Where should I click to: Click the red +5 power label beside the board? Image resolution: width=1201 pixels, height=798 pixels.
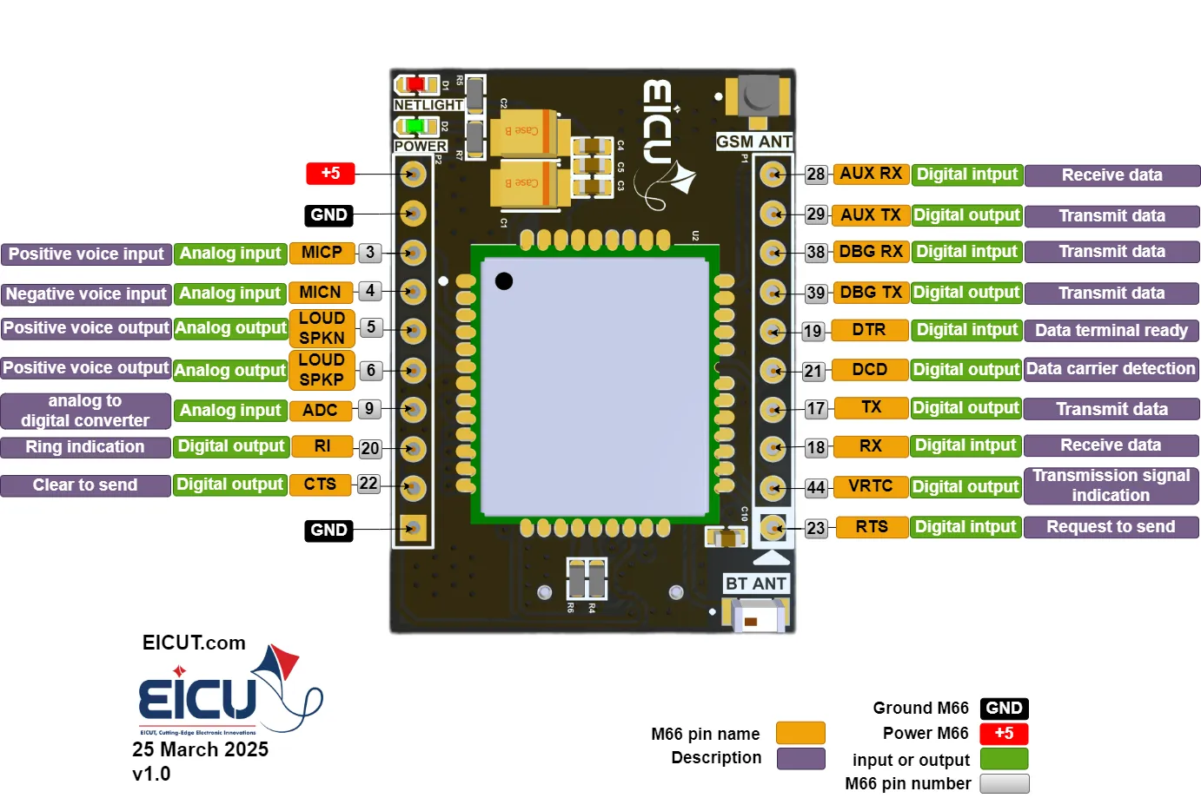[x=330, y=174]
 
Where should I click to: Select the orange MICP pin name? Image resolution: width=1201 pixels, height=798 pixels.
[x=322, y=253]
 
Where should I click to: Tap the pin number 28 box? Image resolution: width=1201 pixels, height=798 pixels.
[x=815, y=175]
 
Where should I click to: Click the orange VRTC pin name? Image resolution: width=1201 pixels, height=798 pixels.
[x=870, y=486]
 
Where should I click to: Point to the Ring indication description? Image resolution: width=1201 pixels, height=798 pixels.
[x=85, y=447]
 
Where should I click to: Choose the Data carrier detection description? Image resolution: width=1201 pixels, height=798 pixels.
[x=1111, y=369]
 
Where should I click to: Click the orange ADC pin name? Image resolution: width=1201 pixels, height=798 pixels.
[x=320, y=410]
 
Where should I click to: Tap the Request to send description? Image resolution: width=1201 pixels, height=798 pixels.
[x=1111, y=527]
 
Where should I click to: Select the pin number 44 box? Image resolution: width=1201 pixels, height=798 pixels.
[x=815, y=488]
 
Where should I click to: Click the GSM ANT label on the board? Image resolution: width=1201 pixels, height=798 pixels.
[x=753, y=142]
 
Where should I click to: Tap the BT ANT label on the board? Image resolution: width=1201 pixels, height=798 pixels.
[x=756, y=584]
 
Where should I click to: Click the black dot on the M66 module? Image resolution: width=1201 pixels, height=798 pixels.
[x=504, y=280]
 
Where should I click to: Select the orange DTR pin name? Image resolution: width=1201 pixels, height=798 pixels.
[x=869, y=330]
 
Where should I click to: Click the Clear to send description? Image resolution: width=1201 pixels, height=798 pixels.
[x=85, y=485]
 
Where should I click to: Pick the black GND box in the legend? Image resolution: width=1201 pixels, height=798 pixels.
[x=1004, y=709]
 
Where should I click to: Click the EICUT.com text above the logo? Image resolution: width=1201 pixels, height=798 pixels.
[x=194, y=643]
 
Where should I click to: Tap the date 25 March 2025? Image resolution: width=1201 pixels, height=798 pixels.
[x=200, y=749]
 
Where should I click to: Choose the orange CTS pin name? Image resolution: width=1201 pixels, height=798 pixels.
[x=320, y=485]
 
